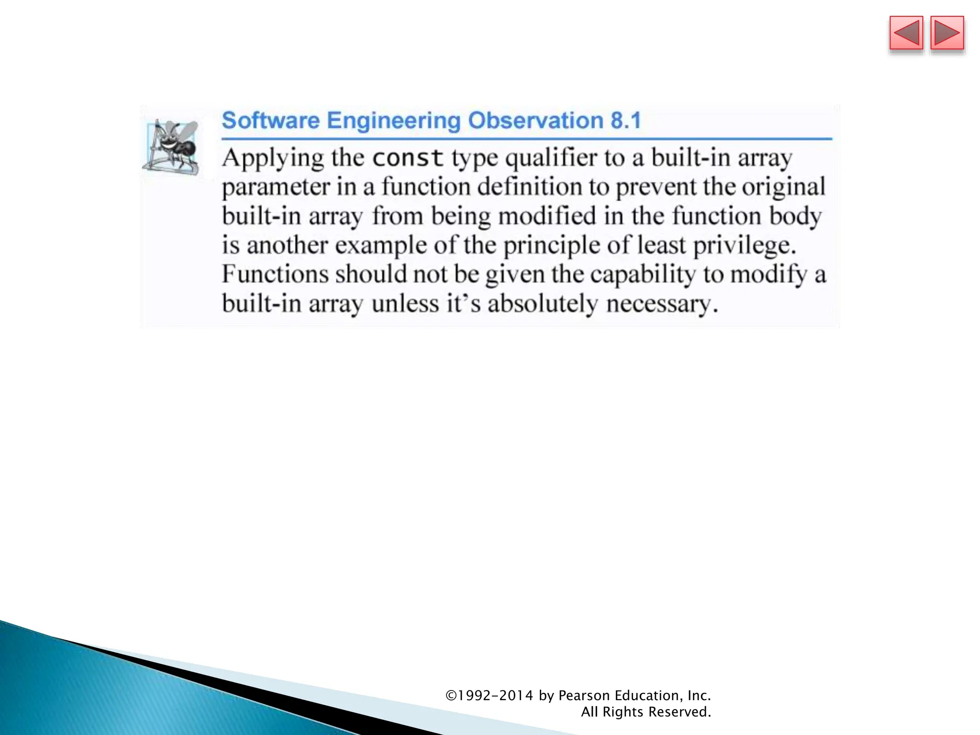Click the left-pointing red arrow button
tap(906, 33)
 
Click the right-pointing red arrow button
tap(947, 33)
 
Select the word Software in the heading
tap(270, 120)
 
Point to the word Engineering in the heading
tap(393, 120)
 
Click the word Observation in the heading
tap(535, 120)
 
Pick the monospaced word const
tap(408, 158)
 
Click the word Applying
tap(273, 158)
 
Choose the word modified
tap(547, 216)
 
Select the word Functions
tap(275, 274)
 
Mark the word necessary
tap(662, 303)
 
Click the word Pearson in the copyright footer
tap(584, 695)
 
